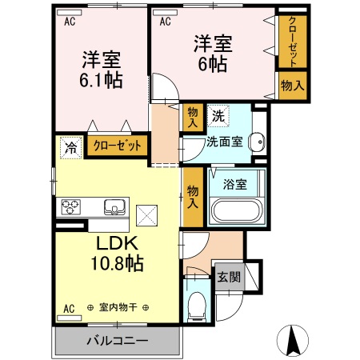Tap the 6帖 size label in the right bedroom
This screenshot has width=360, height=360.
(214, 63)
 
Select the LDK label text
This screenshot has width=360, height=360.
(118, 242)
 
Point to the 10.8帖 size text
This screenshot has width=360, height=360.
(119, 262)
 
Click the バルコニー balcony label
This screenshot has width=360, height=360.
(117, 341)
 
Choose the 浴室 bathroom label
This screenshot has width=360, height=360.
(235, 183)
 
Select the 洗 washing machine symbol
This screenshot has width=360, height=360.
(218, 116)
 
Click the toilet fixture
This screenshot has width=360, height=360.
(197, 305)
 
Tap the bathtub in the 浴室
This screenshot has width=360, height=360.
(235, 212)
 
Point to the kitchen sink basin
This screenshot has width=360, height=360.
(116, 207)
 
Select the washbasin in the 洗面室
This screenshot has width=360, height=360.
(257, 142)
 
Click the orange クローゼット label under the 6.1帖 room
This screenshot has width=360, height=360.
(118, 146)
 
